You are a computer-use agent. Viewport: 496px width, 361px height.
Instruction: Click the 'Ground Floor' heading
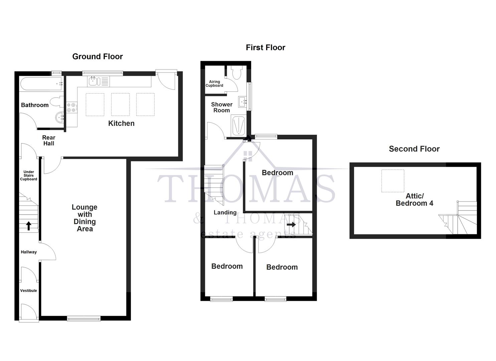click(98, 56)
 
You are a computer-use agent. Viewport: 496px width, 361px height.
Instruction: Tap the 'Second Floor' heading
click(414, 149)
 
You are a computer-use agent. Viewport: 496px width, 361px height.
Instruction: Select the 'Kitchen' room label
click(121, 123)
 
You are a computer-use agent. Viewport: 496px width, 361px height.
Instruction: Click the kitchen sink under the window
click(93, 81)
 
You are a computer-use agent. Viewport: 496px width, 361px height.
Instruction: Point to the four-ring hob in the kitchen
click(71, 108)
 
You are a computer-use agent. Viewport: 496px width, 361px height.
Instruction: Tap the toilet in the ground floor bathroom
click(56, 102)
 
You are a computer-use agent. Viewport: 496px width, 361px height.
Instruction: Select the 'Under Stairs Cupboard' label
click(28, 175)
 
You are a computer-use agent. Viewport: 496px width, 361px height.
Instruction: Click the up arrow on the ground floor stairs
click(29, 226)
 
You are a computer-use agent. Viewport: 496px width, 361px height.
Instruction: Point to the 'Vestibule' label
click(28, 290)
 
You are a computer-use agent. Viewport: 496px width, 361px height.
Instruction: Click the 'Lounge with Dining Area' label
click(85, 218)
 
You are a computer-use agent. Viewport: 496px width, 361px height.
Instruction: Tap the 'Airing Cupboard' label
click(214, 84)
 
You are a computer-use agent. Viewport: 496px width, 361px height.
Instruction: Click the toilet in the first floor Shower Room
click(237, 72)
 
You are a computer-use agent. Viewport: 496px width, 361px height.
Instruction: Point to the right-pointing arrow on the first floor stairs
click(291, 225)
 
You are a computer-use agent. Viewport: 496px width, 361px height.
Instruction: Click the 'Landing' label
click(225, 212)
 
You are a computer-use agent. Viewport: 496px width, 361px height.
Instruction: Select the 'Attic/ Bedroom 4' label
click(414, 200)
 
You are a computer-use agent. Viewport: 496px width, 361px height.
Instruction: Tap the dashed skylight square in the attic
click(393, 181)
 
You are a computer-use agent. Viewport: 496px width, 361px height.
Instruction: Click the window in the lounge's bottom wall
click(84, 319)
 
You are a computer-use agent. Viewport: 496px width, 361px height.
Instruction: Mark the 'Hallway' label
click(29, 252)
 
